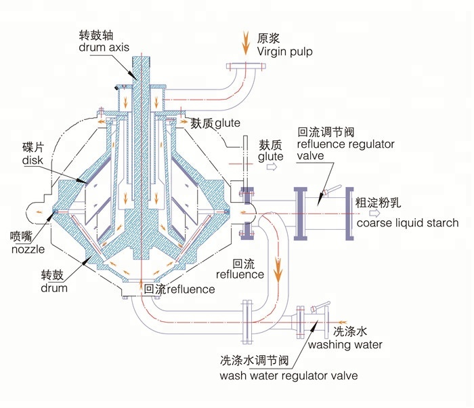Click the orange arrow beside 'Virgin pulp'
point(246,43)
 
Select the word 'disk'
point(33,161)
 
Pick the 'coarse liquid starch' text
point(408,223)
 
